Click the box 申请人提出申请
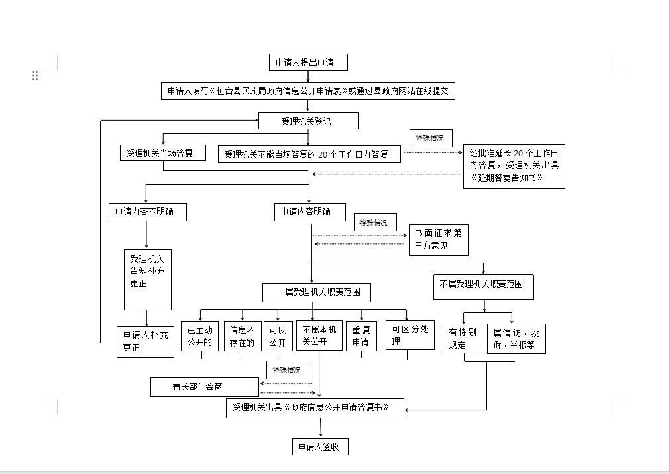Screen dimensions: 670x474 308,62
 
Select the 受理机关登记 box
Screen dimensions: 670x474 308,121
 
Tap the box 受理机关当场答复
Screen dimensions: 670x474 163,153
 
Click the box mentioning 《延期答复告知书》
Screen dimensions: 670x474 514,166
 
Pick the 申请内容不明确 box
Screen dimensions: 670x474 147,211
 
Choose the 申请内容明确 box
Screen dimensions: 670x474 309,211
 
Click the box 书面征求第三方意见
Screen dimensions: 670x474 439,240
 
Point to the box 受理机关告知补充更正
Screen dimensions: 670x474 147,280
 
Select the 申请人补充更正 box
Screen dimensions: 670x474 145,342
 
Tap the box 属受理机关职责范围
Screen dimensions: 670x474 317,292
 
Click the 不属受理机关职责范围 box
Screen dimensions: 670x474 484,287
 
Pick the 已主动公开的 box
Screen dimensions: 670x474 199,336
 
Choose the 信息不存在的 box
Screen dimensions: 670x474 243,336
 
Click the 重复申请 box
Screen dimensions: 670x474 361,336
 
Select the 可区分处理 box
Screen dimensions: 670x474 410,335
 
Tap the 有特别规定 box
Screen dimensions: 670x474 463,339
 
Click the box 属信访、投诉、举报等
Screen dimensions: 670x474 516,339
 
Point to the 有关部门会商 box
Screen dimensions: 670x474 205,386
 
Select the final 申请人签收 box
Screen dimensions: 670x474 320,447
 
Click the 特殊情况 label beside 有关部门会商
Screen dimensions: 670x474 288,370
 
